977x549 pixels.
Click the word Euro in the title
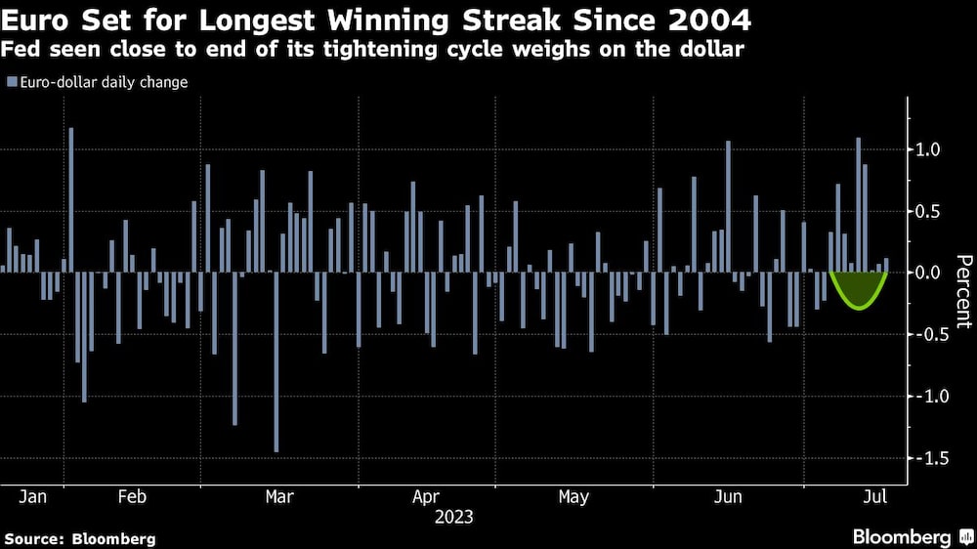pyautogui.click(x=34, y=19)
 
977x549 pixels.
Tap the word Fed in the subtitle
pyautogui.click(x=21, y=50)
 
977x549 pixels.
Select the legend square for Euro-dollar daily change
pyautogui.click(x=11, y=83)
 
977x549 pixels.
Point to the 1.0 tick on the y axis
pyautogui.click(x=926, y=149)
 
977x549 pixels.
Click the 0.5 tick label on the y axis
pyautogui.click(x=926, y=211)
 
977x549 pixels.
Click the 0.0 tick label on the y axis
pyautogui.click(x=926, y=273)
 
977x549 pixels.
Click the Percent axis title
pyautogui.click(x=962, y=290)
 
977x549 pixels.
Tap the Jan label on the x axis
pyautogui.click(x=32, y=496)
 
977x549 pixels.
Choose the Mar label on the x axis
pyautogui.click(x=279, y=496)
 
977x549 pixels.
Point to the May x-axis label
pyautogui.click(x=573, y=496)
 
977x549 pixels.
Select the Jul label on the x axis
pyautogui.click(x=875, y=496)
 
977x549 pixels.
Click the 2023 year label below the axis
pyautogui.click(x=454, y=516)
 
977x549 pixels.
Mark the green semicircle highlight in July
pyautogui.click(x=858, y=288)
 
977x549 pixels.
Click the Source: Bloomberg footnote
pyautogui.click(x=80, y=538)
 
